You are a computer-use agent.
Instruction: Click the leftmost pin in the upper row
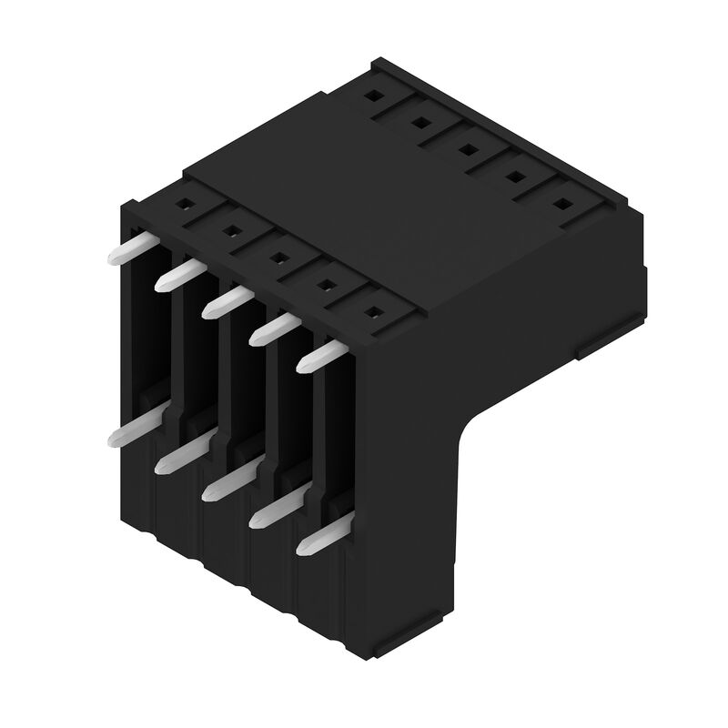pyautogui.click(x=127, y=248)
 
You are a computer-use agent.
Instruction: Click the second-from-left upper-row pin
pyautogui.click(x=177, y=275)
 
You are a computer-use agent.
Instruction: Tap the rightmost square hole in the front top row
pyautogui.click(x=371, y=313)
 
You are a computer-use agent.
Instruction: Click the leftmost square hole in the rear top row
pyautogui.click(x=374, y=95)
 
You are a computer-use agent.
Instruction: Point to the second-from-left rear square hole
pyautogui.click(x=420, y=121)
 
